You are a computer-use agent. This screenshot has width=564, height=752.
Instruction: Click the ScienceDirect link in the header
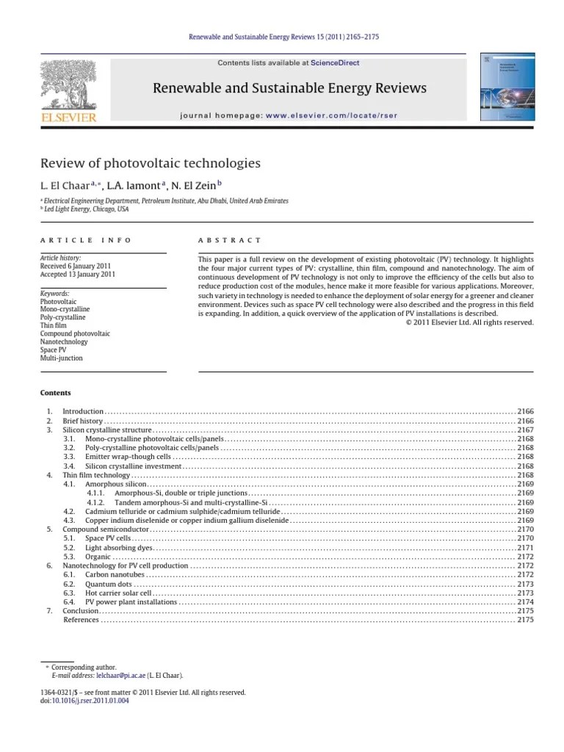point(334,63)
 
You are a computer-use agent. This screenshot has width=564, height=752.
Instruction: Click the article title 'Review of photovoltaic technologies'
point(150,163)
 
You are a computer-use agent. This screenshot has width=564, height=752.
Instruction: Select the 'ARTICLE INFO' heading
point(86,240)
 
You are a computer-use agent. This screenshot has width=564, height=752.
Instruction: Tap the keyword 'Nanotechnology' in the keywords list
point(64,341)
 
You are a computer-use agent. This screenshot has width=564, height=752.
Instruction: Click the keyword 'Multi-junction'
point(62,358)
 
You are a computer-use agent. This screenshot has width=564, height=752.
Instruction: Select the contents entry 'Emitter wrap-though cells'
point(128,457)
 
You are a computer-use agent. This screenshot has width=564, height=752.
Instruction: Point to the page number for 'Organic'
point(525,557)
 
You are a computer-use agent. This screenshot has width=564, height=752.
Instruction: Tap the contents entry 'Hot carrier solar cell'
point(118,593)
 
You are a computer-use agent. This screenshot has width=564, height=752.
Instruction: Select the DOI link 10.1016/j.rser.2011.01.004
point(89,701)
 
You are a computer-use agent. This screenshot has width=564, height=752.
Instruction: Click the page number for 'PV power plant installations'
point(525,602)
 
